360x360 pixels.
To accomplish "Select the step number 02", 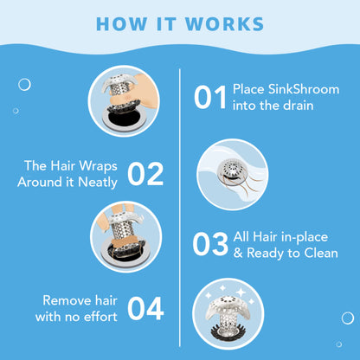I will point(145,174).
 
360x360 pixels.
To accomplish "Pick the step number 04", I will point(145,309).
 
